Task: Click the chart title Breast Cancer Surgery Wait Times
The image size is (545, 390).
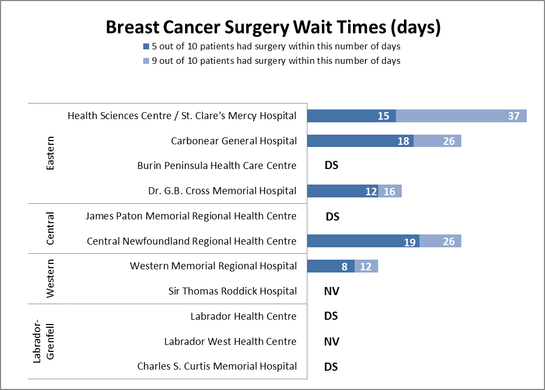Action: click(272, 27)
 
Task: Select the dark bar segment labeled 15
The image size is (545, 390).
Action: click(351, 116)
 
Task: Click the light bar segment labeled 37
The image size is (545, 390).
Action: click(461, 116)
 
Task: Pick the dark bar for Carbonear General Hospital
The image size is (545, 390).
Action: click(360, 141)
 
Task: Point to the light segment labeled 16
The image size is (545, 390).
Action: click(390, 191)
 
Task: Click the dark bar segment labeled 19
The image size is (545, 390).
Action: click(363, 241)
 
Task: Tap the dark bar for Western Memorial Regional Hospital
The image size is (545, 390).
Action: click(330, 266)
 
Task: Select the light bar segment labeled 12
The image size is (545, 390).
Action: click(366, 266)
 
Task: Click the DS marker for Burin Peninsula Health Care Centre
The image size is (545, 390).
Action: click(332, 165)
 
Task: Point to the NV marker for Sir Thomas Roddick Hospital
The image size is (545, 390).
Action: click(332, 291)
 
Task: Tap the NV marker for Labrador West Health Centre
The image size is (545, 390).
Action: click(332, 342)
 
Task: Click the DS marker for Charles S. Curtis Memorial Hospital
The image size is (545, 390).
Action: click(332, 367)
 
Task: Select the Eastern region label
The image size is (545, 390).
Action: click(50, 153)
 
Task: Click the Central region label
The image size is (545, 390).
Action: click(50, 229)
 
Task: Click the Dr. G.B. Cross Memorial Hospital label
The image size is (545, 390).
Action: click(222, 191)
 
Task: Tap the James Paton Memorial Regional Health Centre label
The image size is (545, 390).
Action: click(191, 216)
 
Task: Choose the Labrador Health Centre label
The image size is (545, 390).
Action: click(244, 317)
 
